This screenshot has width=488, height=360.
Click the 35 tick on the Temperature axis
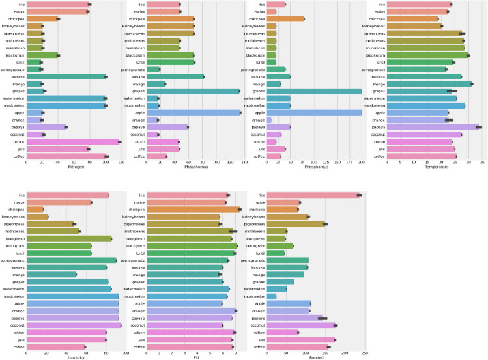[481, 162]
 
